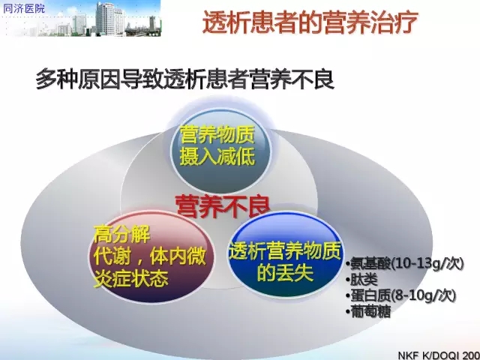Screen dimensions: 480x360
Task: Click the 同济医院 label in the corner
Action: [x=23, y=8]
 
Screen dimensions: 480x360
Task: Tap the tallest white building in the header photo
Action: [x=106, y=18]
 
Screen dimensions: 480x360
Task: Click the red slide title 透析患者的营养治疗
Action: [x=310, y=22]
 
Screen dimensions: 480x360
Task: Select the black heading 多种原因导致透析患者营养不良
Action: [x=184, y=79]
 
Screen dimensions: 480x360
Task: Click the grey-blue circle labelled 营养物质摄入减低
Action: [x=221, y=150]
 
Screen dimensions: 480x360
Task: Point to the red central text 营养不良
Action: [x=223, y=206]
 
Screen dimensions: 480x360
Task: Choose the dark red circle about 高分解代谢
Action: [x=151, y=256]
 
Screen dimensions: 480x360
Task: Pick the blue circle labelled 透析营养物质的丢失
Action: [x=285, y=255]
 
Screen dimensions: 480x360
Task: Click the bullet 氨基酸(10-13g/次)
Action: [x=405, y=263]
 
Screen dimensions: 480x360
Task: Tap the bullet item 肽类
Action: [x=361, y=280]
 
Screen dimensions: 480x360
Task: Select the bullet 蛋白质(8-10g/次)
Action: [x=401, y=295]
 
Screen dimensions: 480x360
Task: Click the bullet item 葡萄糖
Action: [x=368, y=312]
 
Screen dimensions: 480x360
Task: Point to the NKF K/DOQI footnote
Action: [x=439, y=355]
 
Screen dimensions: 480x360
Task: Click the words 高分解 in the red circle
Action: [x=121, y=235]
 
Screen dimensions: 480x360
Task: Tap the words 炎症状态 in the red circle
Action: [x=131, y=278]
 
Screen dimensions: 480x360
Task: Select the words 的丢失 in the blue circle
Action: [x=285, y=272]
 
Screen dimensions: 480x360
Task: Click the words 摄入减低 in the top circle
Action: [x=217, y=157]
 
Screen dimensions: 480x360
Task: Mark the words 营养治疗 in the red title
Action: [x=364, y=22]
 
